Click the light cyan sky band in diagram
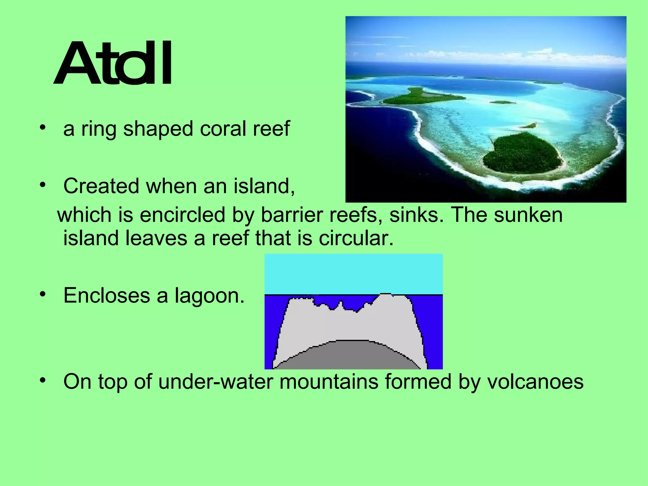353,274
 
